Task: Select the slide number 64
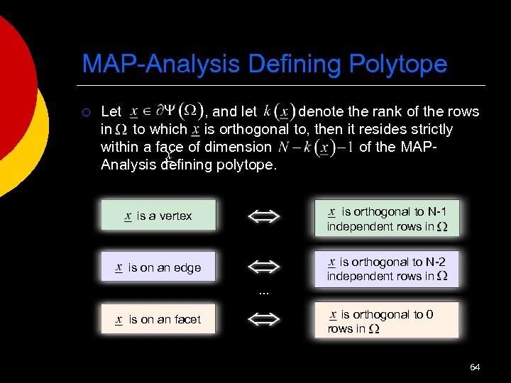click(475, 367)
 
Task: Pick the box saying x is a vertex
click(158, 216)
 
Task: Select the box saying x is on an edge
click(158, 267)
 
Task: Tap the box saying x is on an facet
click(158, 319)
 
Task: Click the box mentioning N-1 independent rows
click(388, 218)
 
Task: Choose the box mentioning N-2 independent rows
click(388, 268)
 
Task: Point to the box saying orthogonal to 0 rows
click(388, 321)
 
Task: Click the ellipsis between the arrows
click(264, 292)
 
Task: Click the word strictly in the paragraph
click(429, 129)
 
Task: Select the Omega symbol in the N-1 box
click(442, 227)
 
